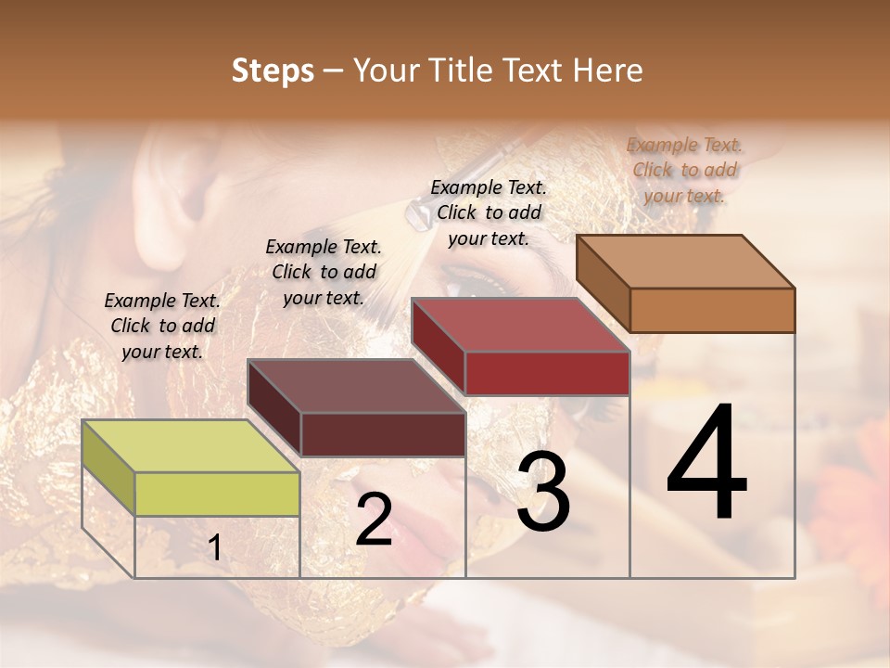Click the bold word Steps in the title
click(x=273, y=71)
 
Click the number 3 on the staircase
click(x=543, y=492)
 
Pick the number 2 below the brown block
click(x=374, y=520)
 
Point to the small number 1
click(x=214, y=548)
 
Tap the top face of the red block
click(x=519, y=325)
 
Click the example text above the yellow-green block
click(x=162, y=326)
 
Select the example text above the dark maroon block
click(x=324, y=272)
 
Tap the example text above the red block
click(x=489, y=212)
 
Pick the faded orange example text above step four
click(x=684, y=170)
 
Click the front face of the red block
click(x=547, y=373)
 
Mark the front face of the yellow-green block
click(x=217, y=494)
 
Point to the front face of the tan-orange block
click(x=712, y=310)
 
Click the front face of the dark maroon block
click(x=383, y=434)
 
